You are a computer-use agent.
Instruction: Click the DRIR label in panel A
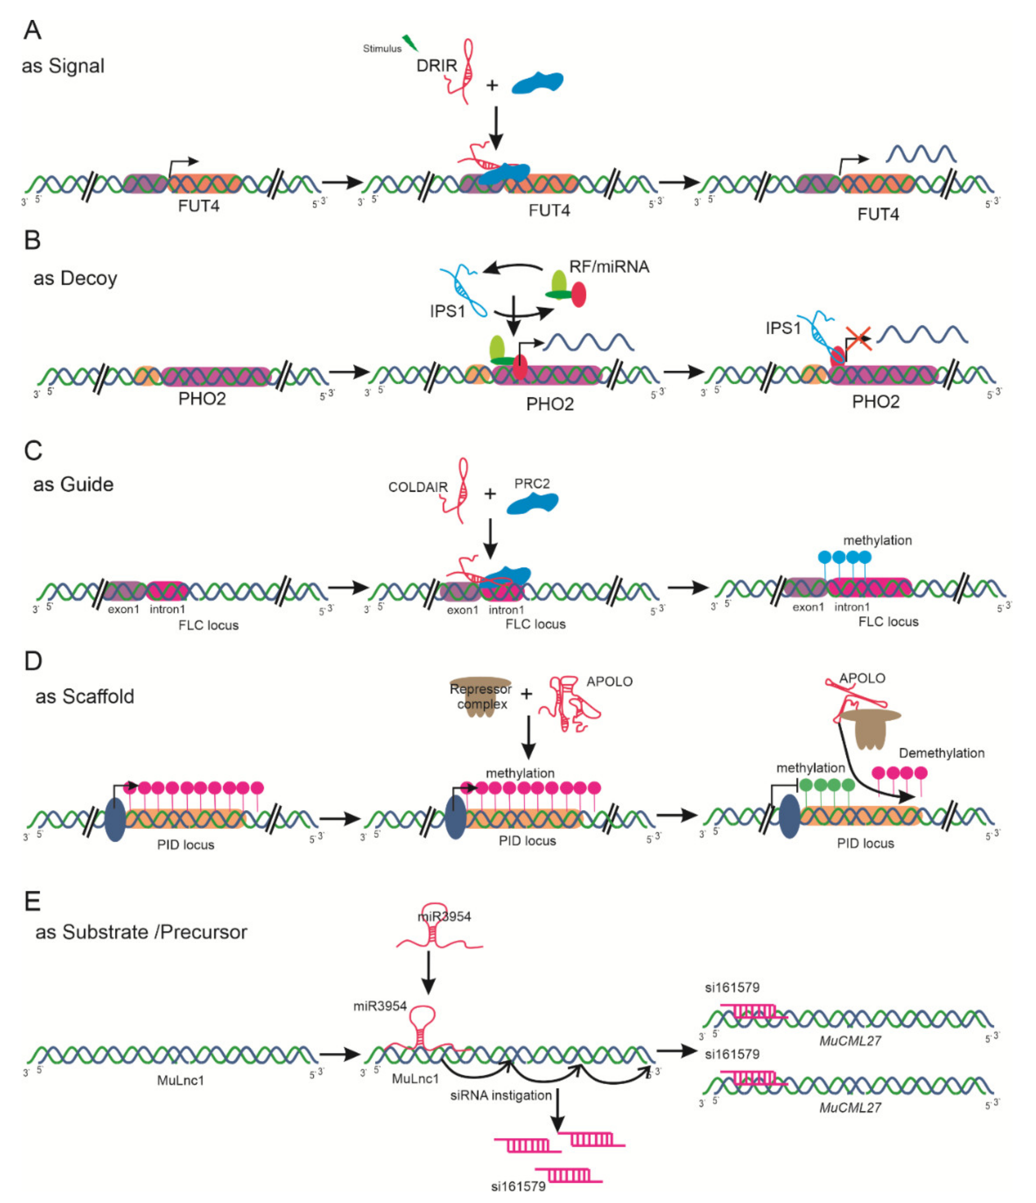click(437, 66)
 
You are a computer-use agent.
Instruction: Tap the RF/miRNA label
click(609, 267)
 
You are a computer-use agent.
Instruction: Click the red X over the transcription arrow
click(858, 338)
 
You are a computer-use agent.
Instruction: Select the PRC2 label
click(532, 484)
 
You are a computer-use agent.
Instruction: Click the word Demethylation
click(942, 753)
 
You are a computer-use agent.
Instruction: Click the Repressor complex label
click(481, 696)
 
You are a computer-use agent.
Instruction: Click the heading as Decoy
click(75, 278)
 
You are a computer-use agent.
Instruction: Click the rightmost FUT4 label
click(878, 214)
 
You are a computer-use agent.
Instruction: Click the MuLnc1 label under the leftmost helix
click(181, 1081)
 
